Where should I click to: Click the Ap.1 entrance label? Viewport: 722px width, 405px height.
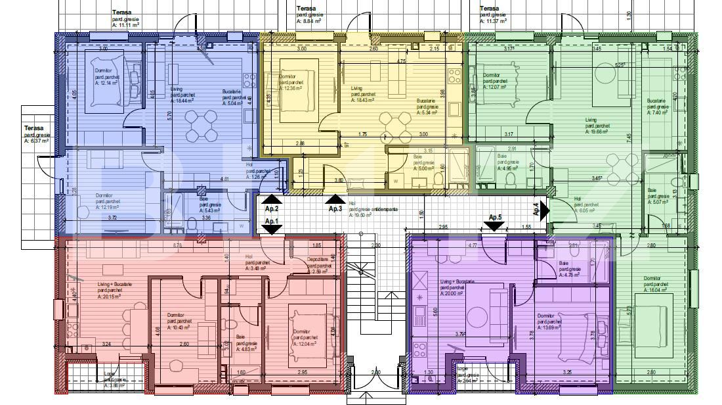click(272, 222)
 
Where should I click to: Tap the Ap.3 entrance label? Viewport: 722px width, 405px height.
click(335, 208)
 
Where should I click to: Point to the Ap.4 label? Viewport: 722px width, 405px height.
click(536, 209)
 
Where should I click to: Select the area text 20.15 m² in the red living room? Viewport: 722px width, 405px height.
click(111, 296)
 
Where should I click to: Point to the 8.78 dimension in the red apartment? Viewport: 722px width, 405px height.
click(178, 245)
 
